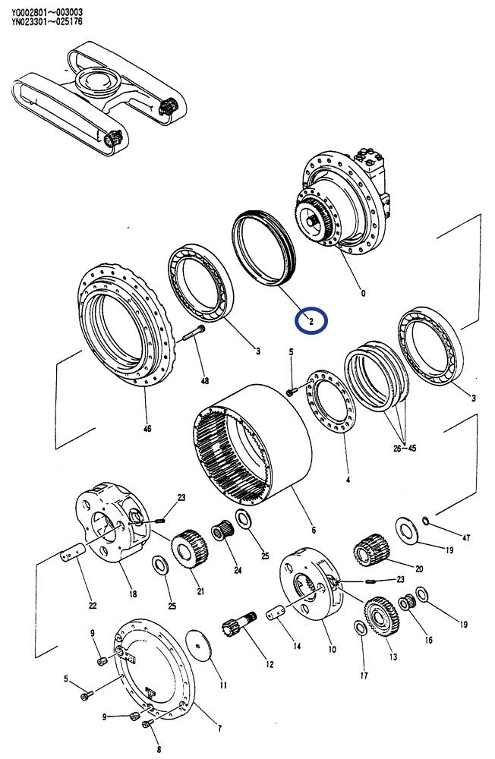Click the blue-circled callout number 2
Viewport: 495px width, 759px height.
311,320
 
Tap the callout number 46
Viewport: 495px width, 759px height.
147,429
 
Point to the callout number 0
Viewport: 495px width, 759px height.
363,293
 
